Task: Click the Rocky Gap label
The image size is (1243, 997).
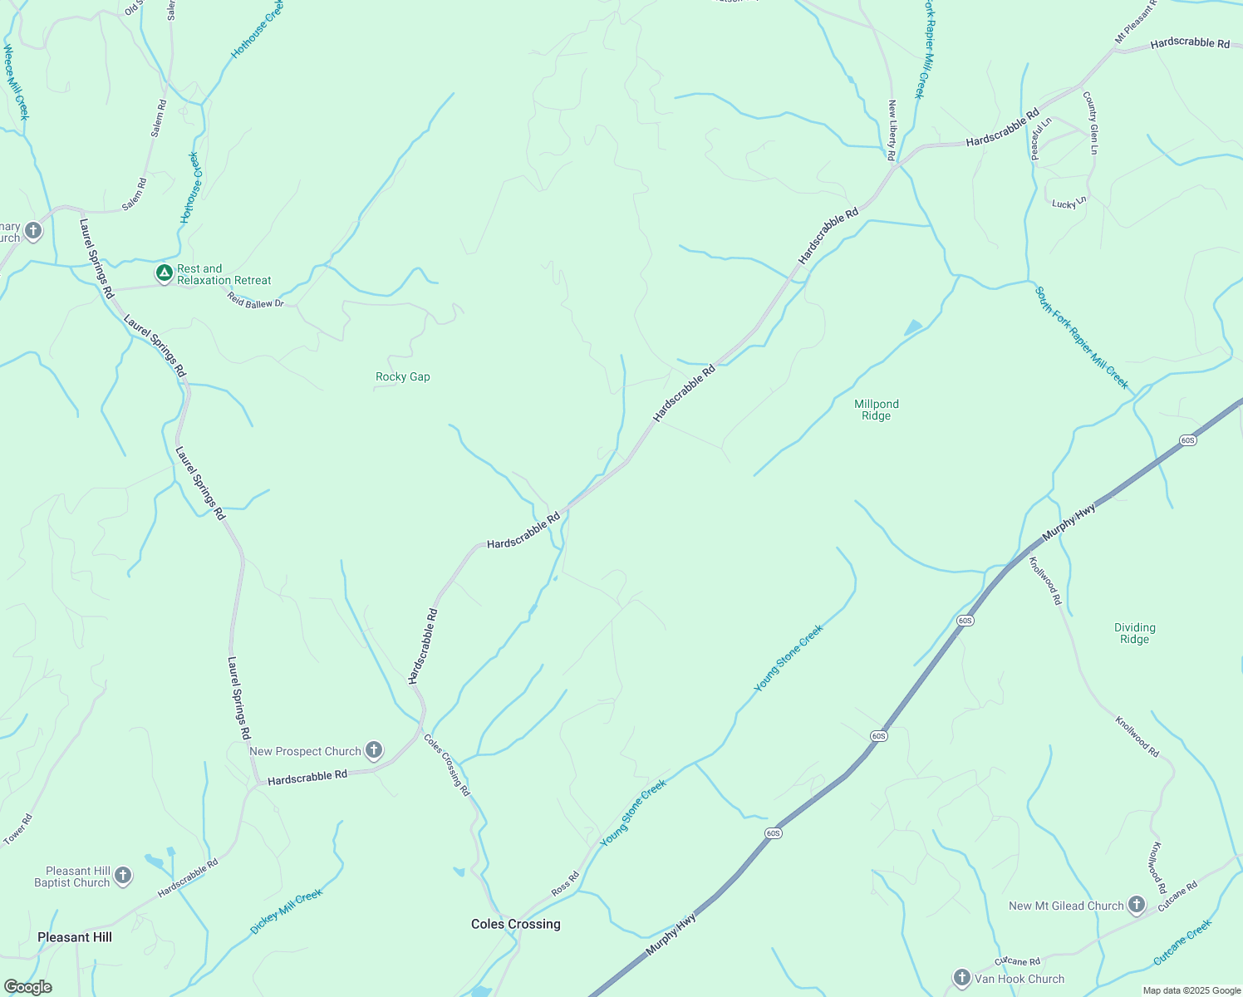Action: tap(403, 377)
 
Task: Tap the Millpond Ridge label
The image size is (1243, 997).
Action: tap(877, 410)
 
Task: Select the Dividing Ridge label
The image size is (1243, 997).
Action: tap(1134, 633)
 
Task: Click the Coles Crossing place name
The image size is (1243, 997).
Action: tap(515, 924)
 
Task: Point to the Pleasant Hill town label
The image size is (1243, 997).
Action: tap(75, 937)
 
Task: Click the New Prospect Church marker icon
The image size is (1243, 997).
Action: tap(374, 751)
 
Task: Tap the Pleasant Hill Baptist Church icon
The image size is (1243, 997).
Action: tap(123, 876)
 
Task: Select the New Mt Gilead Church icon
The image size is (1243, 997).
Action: tap(1137, 906)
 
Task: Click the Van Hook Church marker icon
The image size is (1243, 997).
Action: tap(962, 978)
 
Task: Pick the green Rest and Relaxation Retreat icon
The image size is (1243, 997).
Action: tap(165, 273)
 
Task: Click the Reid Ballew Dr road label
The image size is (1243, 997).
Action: tap(256, 302)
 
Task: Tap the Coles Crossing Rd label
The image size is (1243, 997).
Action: tap(448, 765)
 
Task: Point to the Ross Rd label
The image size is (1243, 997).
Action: tap(566, 884)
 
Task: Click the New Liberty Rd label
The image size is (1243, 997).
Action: tap(892, 130)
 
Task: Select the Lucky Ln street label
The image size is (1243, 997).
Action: tap(1069, 203)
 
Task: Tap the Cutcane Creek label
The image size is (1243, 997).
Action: tap(1182, 942)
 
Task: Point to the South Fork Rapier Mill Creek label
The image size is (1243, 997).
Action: tap(1082, 337)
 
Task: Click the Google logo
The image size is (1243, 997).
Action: tap(27, 987)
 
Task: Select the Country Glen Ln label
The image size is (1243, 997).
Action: tap(1091, 123)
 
